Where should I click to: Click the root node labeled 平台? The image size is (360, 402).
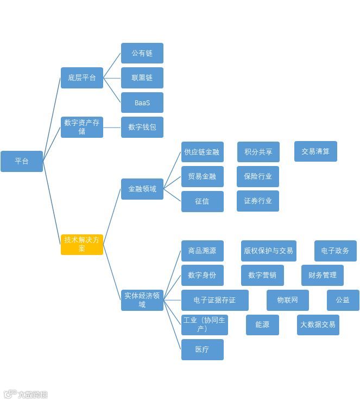22,161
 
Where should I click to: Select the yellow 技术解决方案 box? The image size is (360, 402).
82,244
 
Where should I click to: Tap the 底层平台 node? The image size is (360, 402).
82,78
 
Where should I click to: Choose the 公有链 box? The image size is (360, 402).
142,53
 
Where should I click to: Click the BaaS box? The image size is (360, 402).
142,103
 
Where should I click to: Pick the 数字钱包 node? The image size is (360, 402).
142,127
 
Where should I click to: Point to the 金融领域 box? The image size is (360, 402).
142,189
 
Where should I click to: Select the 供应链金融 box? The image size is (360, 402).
202,152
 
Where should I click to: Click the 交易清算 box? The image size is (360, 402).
315,151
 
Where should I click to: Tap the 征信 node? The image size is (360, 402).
202,201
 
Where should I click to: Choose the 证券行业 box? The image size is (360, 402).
258,201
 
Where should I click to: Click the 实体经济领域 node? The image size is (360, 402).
142,299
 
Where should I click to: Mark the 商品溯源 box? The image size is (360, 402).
202,251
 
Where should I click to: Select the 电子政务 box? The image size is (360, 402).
335,251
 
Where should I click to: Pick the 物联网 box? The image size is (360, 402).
287,300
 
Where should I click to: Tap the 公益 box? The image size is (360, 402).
343,300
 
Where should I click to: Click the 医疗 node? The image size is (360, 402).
202,349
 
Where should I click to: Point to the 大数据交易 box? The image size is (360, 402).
318,324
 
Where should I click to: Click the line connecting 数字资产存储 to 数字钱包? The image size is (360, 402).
112,127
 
